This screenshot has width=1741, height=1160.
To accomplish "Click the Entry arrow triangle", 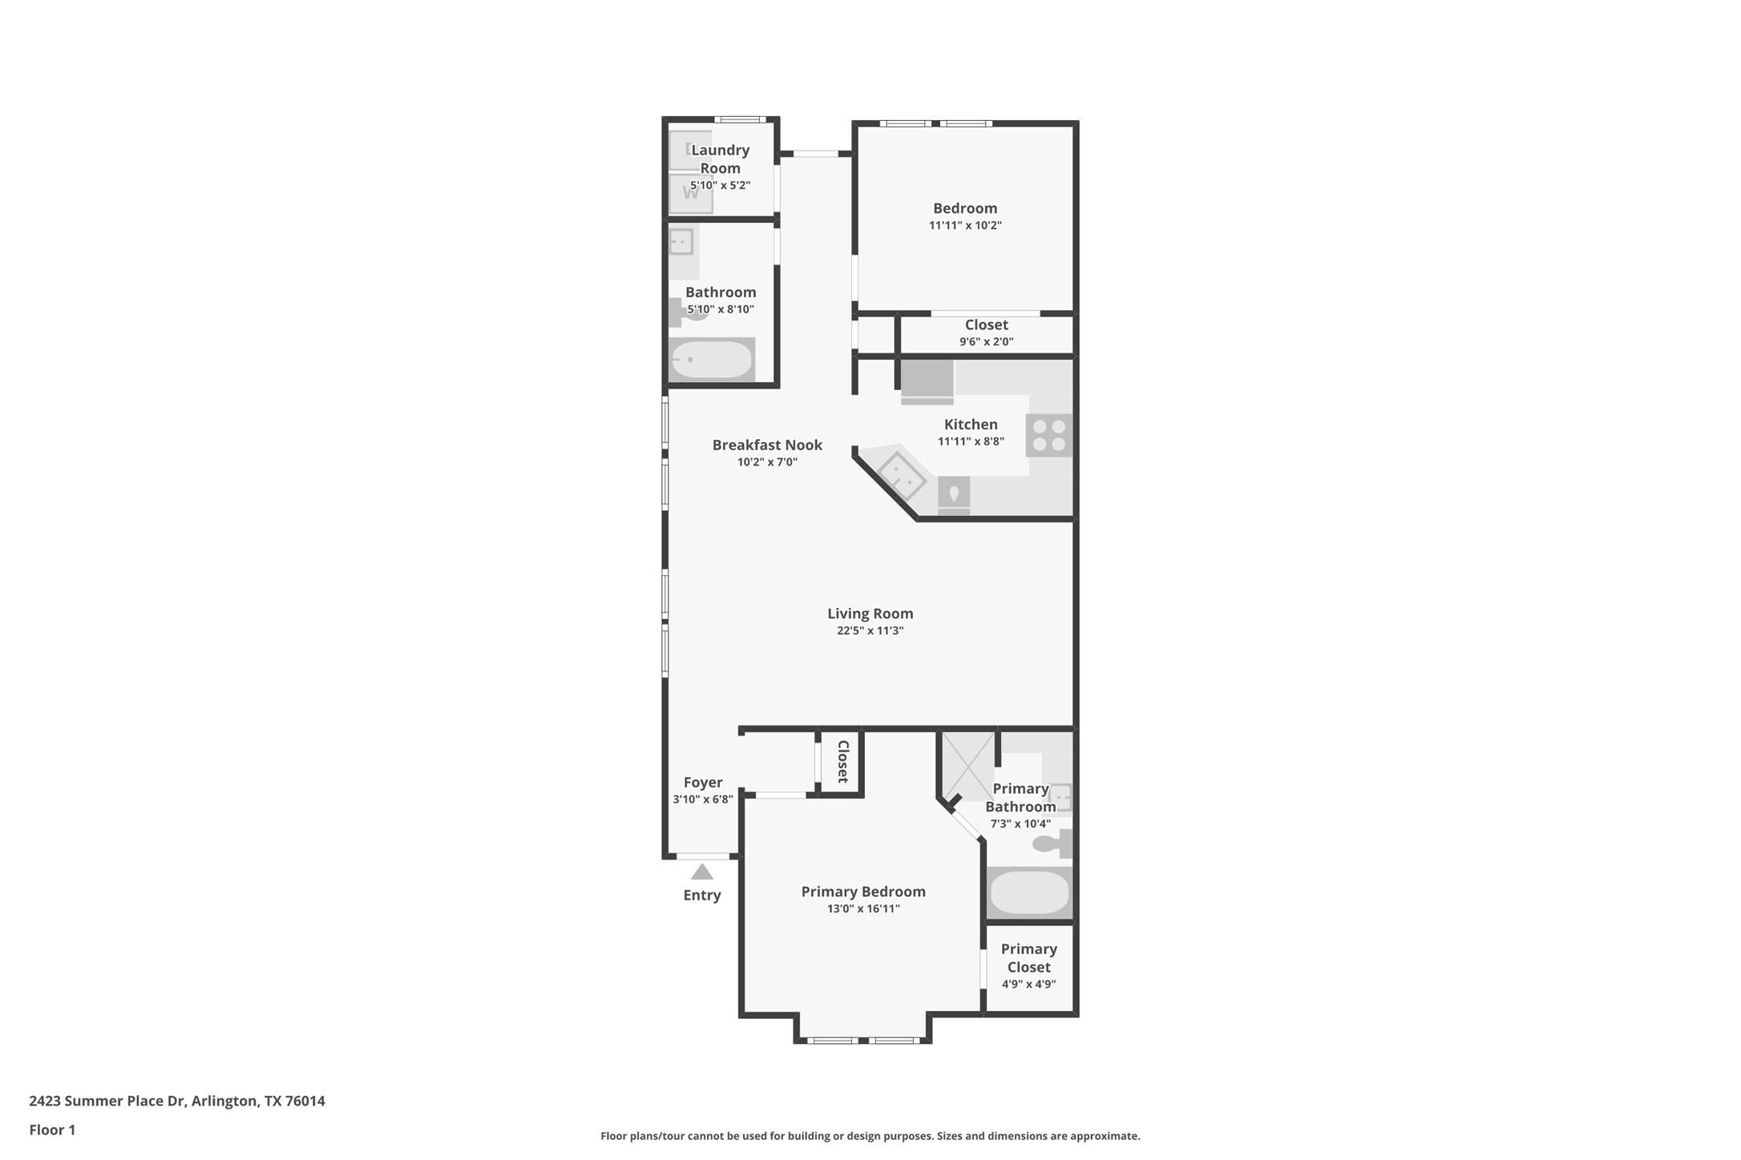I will [x=701, y=872].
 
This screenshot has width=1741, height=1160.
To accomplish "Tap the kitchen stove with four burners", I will [x=1048, y=435].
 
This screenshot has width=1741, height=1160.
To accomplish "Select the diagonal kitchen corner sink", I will [x=901, y=475].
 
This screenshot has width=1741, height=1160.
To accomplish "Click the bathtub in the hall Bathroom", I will [x=711, y=360].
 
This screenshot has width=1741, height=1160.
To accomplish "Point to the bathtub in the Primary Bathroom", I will [x=1029, y=892].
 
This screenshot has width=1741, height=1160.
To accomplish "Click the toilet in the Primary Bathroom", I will [x=1052, y=843].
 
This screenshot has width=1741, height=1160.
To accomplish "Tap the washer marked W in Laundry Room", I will [x=690, y=193].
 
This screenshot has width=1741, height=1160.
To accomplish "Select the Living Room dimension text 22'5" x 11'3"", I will [x=870, y=630].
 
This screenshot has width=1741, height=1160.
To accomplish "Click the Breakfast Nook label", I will [x=767, y=445].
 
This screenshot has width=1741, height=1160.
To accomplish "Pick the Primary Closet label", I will [x=1028, y=957].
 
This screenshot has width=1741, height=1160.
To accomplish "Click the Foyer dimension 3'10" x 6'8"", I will [x=702, y=799].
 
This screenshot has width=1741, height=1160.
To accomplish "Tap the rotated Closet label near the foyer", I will [x=842, y=761].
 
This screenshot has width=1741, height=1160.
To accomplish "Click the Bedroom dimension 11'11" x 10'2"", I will [x=965, y=225].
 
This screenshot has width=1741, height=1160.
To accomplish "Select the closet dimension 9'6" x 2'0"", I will [x=986, y=341].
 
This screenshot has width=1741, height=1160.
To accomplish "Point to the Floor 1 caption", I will [x=52, y=1130].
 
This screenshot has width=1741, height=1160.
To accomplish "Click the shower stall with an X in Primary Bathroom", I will [x=968, y=766].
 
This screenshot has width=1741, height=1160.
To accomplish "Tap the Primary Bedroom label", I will [x=862, y=892].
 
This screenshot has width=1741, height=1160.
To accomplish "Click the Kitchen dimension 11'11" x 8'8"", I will [x=971, y=441].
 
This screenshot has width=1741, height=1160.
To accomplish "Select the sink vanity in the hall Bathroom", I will [x=682, y=241].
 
